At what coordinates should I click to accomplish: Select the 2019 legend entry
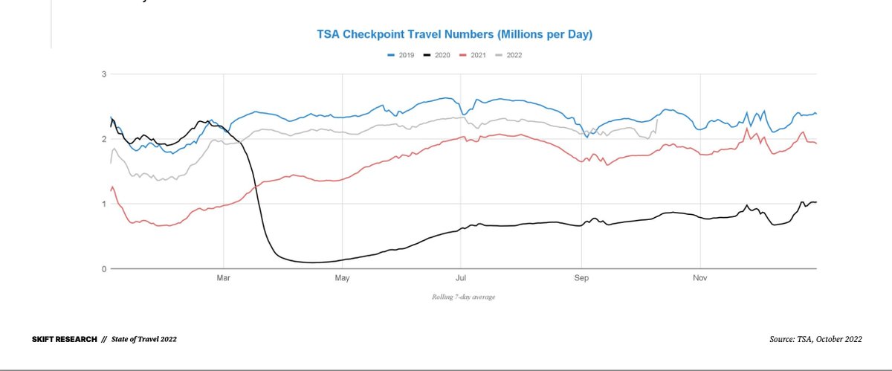point(402,55)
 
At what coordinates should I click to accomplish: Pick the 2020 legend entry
point(437,55)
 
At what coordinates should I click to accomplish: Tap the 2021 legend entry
point(474,55)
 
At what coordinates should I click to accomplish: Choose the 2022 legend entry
point(508,55)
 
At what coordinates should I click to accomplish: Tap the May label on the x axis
point(342,279)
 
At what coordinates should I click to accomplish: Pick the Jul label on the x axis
point(461,279)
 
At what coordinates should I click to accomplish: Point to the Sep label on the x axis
point(581,279)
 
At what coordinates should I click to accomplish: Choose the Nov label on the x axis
point(699,279)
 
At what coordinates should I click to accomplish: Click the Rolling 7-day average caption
point(463,297)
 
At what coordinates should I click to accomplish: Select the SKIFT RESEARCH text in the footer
point(64,339)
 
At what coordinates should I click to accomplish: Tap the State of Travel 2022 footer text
point(144,339)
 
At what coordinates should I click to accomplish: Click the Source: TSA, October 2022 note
point(815,339)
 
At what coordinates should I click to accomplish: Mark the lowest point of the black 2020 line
point(312,262)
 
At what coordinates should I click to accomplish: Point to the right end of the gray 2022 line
point(657,120)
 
